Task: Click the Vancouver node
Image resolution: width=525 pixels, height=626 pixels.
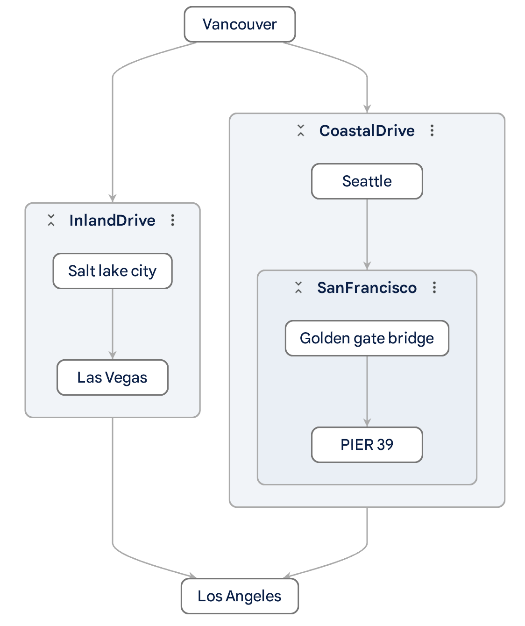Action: tap(240, 24)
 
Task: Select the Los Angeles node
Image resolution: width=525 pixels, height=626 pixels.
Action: tap(240, 596)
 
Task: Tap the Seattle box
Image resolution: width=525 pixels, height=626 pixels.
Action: tap(367, 181)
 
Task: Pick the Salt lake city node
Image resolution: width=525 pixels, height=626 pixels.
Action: tap(112, 271)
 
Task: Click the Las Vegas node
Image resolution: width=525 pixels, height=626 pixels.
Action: tap(112, 377)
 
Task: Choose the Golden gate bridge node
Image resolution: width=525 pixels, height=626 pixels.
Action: tap(367, 338)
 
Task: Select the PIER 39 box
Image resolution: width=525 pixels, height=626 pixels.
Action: tap(367, 445)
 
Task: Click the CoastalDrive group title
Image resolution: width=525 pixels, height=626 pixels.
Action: tap(367, 131)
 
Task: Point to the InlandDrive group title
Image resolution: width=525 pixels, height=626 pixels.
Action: tap(112, 221)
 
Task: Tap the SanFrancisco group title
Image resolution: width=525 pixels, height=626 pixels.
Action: tap(367, 288)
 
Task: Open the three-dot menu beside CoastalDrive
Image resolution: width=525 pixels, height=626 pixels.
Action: tap(432, 131)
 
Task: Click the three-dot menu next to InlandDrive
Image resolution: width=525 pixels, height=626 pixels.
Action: tap(173, 221)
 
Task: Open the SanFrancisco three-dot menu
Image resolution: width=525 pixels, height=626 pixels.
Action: tap(434, 288)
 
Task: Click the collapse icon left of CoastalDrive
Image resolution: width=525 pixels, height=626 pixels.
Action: tap(301, 131)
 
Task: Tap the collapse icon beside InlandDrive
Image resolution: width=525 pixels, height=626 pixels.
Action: tap(51, 221)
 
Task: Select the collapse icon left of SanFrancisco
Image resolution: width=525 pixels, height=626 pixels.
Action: tap(298, 288)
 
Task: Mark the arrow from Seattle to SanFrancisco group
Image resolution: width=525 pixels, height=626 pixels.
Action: tap(367, 234)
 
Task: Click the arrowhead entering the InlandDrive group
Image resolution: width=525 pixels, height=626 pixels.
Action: tap(113, 198)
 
